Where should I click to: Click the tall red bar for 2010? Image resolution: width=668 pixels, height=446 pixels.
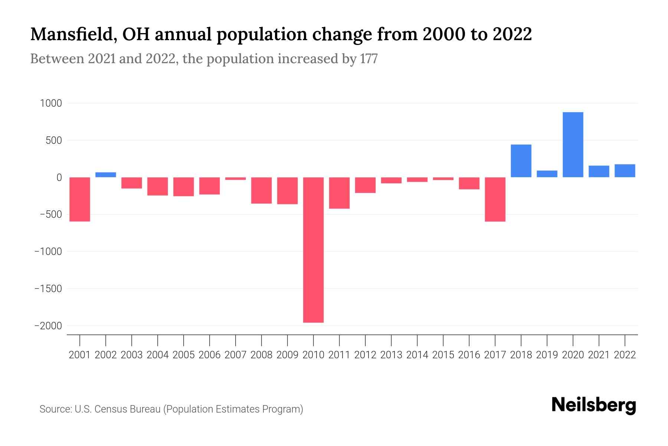313,250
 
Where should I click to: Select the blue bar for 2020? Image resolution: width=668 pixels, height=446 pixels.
573,145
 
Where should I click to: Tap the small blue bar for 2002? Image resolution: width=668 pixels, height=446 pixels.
106,175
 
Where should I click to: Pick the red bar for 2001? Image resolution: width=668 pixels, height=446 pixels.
80,199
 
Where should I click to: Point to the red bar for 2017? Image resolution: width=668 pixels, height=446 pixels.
495,199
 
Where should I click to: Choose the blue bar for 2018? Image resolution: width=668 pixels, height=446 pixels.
521,161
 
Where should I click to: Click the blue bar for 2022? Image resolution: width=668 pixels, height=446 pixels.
625,171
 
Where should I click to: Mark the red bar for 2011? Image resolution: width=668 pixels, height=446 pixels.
339,193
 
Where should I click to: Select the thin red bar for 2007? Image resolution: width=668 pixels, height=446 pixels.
235,179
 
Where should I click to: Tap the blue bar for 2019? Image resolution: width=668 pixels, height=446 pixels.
547,174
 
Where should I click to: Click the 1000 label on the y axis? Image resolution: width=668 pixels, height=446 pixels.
51,103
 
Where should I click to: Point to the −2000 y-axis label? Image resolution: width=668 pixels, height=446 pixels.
48,326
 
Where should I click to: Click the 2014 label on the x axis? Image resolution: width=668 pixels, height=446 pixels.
417,355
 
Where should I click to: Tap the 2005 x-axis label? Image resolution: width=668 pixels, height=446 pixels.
184,355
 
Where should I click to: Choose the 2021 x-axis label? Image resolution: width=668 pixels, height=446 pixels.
599,355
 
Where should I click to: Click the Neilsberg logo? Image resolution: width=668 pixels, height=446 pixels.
594,405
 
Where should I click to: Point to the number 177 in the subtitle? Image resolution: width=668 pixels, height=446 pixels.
369,59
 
